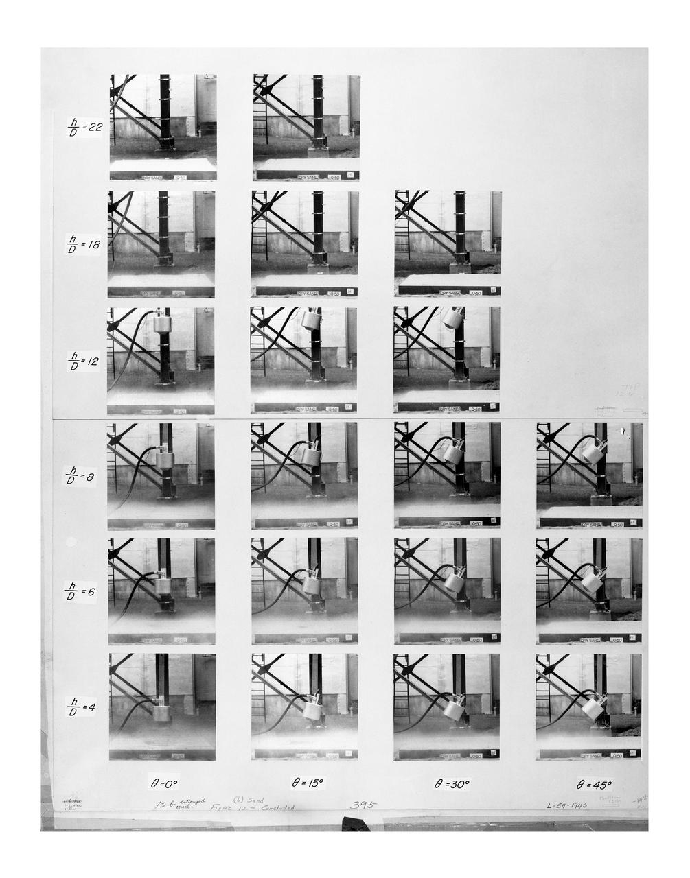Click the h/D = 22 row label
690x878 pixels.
pyautogui.click(x=85, y=127)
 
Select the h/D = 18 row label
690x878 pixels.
pyautogui.click(x=84, y=244)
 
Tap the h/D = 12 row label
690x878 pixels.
pyautogui.click(x=84, y=361)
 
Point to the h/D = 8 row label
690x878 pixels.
pyautogui.click(x=80, y=476)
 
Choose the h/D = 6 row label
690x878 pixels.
pyautogui.click(x=80, y=591)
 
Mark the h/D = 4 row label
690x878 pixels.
pyautogui.click(x=80, y=707)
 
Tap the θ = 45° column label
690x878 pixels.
pyautogui.click(x=594, y=784)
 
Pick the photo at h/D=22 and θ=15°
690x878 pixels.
pyautogui.click(x=306, y=127)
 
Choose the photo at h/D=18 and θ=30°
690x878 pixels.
pyautogui.click(x=448, y=244)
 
